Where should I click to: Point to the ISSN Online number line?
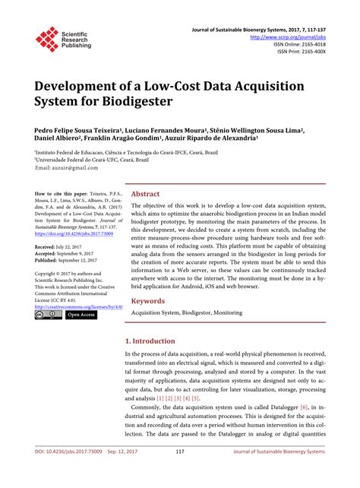pyautogui.click(x=301, y=43)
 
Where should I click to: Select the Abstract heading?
pyautogui.click(x=146, y=195)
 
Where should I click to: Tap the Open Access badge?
pyautogui.click(x=81, y=314)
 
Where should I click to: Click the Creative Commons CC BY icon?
pyautogui.click(x=48, y=314)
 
